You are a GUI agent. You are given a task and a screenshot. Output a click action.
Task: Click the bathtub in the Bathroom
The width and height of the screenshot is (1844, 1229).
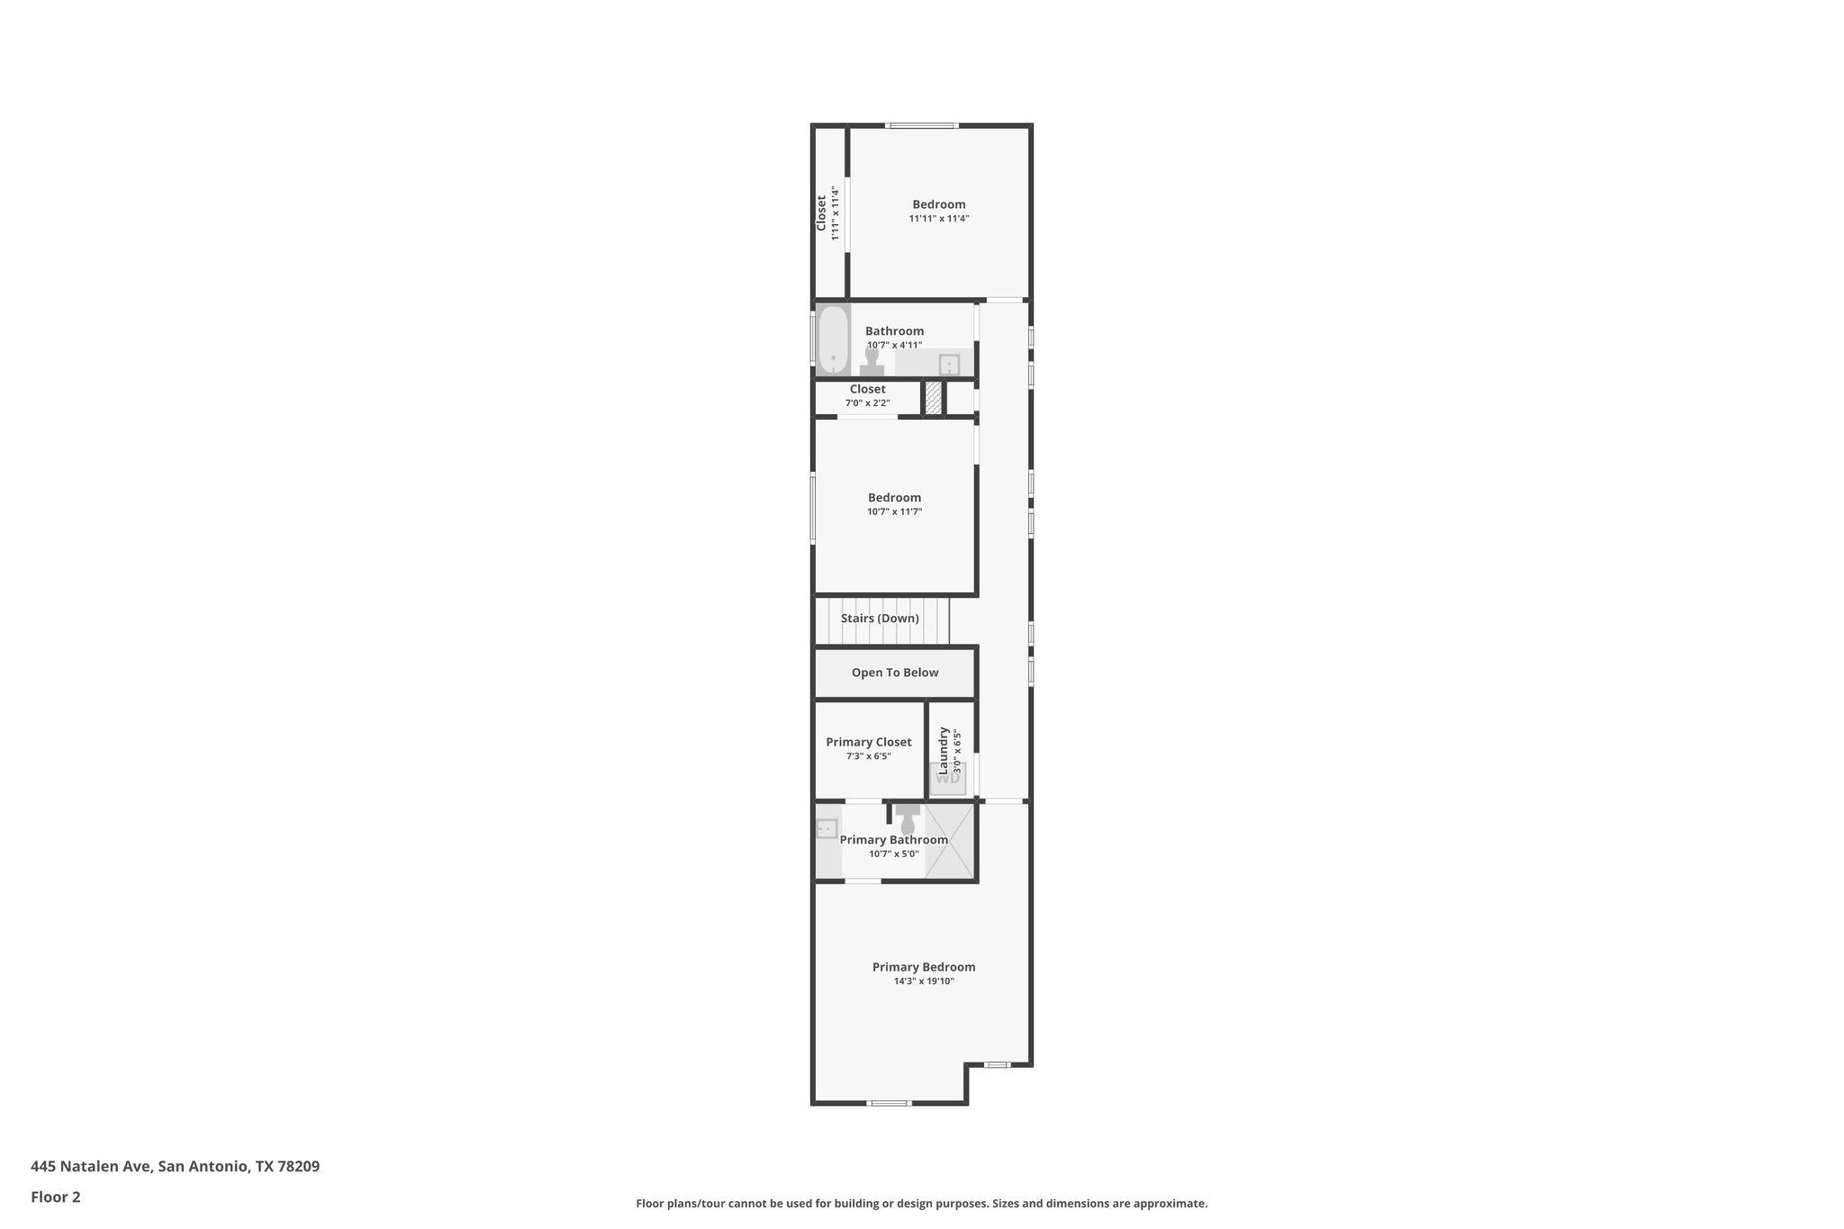tap(833, 339)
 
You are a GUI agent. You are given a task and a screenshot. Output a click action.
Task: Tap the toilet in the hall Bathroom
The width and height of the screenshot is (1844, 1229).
tap(871, 362)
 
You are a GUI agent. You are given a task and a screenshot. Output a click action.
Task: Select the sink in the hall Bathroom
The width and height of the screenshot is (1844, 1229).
tap(949, 365)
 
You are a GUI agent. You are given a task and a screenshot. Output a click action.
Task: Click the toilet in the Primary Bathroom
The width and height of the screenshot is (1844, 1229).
tap(908, 819)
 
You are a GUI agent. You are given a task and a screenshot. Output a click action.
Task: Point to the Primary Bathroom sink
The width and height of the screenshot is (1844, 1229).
tap(826, 828)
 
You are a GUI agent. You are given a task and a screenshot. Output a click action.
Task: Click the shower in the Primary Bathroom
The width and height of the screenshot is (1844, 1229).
tap(950, 841)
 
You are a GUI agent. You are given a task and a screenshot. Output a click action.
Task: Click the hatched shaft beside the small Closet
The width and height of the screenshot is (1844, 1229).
tap(934, 398)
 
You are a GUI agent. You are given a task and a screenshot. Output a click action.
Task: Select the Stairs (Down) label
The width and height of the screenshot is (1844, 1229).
tap(880, 619)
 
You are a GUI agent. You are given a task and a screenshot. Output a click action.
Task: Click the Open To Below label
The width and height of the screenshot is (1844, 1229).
tap(895, 673)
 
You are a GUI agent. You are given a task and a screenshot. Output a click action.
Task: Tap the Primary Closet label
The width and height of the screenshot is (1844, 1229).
tap(869, 742)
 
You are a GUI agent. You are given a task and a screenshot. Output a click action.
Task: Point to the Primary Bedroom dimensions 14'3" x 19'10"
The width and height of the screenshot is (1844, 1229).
tap(924, 981)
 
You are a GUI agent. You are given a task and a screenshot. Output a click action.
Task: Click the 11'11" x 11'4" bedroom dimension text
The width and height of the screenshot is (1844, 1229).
tap(939, 219)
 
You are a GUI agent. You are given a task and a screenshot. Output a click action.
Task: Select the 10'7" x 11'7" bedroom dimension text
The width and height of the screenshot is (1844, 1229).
tap(895, 511)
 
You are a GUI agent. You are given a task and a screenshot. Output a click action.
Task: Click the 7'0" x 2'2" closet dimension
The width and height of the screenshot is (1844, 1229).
tap(867, 403)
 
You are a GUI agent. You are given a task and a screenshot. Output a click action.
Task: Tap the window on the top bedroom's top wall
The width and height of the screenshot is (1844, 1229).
tap(921, 125)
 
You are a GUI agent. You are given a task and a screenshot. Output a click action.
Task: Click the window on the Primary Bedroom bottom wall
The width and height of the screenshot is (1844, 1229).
tap(889, 1103)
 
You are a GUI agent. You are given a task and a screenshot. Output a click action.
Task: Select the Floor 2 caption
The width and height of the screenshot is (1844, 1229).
tap(56, 1197)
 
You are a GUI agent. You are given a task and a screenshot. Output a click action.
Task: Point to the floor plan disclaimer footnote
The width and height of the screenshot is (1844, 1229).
tap(921, 1203)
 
